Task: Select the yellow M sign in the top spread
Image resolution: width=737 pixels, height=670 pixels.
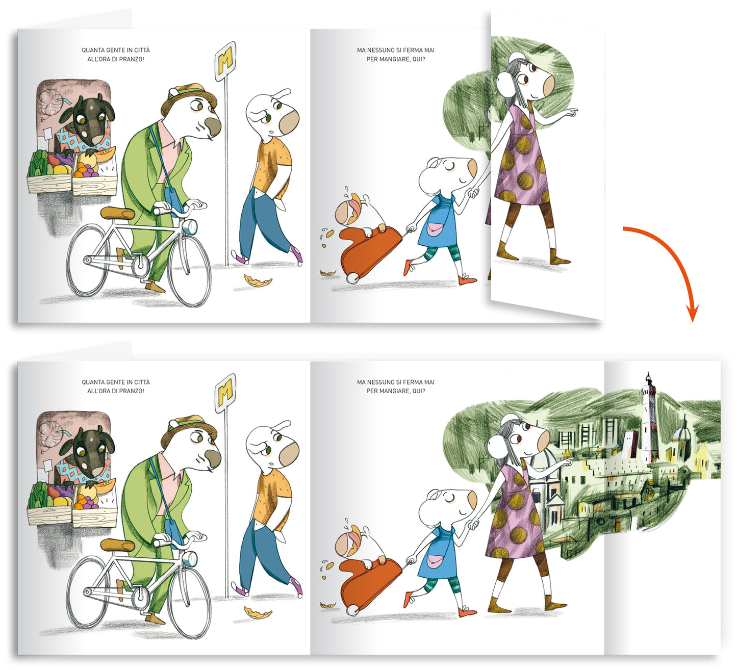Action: (x=225, y=61)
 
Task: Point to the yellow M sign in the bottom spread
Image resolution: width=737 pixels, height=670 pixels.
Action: (x=225, y=393)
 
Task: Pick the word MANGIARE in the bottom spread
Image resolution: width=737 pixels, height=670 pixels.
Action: (x=393, y=391)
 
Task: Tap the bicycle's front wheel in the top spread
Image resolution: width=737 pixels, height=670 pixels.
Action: (x=190, y=270)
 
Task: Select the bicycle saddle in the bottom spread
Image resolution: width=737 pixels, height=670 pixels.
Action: (x=118, y=545)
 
